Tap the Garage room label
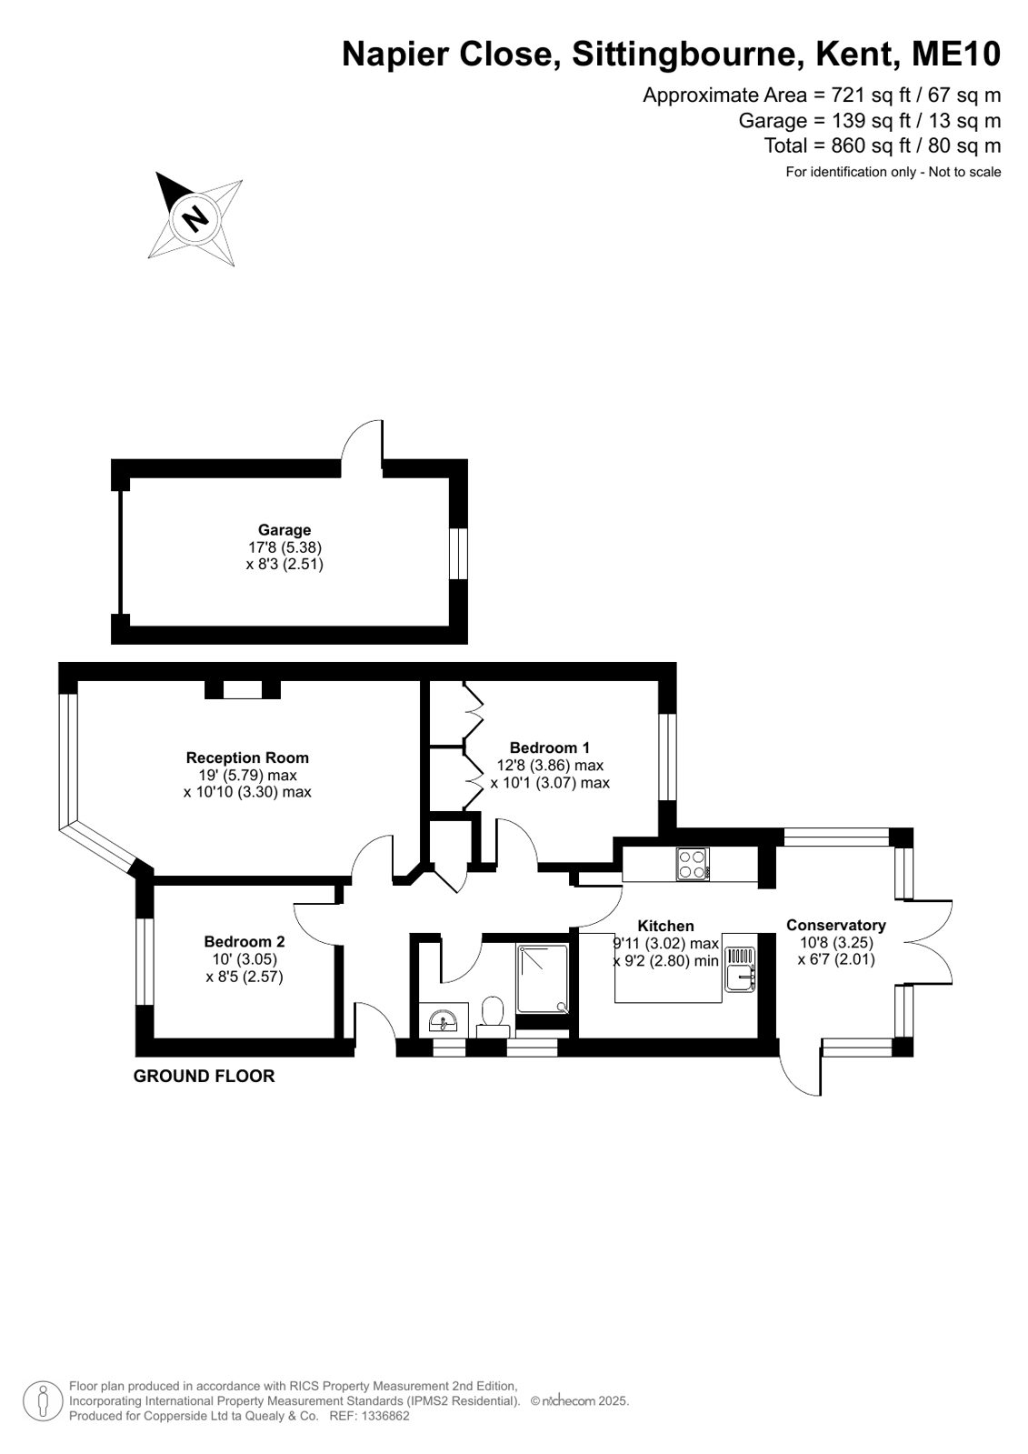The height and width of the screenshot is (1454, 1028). click(284, 529)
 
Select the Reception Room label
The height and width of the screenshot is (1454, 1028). click(247, 757)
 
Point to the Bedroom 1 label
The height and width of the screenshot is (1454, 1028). click(550, 747)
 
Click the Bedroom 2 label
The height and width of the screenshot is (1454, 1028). click(244, 941)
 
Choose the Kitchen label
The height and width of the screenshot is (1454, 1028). click(665, 926)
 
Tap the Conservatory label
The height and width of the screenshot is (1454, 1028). click(836, 925)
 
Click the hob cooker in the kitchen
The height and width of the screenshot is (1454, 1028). click(693, 865)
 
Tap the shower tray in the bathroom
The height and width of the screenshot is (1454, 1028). click(543, 978)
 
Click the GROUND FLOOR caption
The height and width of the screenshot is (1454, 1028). click(204, 1077)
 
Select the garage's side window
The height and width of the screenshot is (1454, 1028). click(458, 553)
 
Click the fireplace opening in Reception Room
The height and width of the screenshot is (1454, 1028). click(243, 689)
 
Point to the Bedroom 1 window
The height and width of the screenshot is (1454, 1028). click(667, 757)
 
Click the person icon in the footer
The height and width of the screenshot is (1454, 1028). click(43, 1400)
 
